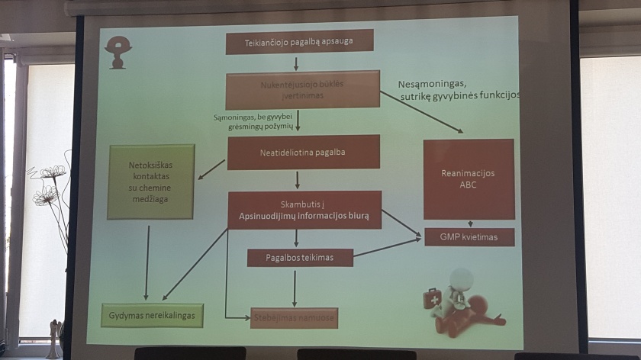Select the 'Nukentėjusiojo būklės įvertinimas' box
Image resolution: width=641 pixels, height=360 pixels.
[x=303, y=90]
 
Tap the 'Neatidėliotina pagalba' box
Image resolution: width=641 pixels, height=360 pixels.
[x=304, y=152]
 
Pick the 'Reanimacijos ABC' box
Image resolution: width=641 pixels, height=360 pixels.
[x=469, y=178]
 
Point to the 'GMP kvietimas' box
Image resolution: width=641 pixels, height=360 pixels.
[x=469, y=237]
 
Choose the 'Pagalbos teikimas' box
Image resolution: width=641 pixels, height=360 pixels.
[x=300, y=258]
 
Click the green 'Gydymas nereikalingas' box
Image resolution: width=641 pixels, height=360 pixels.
[x=153, y=315]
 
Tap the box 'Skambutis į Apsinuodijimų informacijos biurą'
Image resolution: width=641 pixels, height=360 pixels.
[x=304, y=210]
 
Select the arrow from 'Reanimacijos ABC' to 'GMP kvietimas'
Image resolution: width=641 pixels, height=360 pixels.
[x=469, y=223]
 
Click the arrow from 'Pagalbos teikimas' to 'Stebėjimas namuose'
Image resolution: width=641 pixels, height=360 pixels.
[x=295, y=288]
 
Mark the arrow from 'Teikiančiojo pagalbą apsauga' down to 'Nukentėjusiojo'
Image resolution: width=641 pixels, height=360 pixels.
[x=296, y=63]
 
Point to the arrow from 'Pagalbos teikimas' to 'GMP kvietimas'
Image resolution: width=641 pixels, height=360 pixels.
[x=388, y=247]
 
